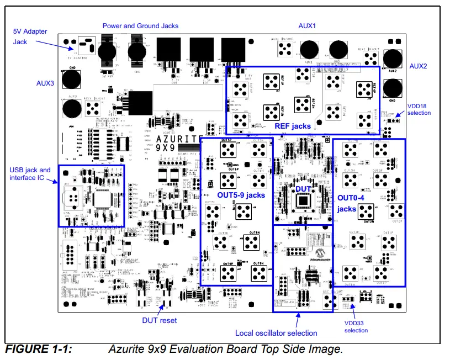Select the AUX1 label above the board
306,25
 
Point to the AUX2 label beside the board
418,66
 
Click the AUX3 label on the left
45,83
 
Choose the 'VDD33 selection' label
356,326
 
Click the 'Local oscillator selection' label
276,333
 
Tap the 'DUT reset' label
159,320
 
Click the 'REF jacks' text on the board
293,126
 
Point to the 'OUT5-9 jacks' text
241,195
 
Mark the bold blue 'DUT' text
304,189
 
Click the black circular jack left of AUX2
393,59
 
